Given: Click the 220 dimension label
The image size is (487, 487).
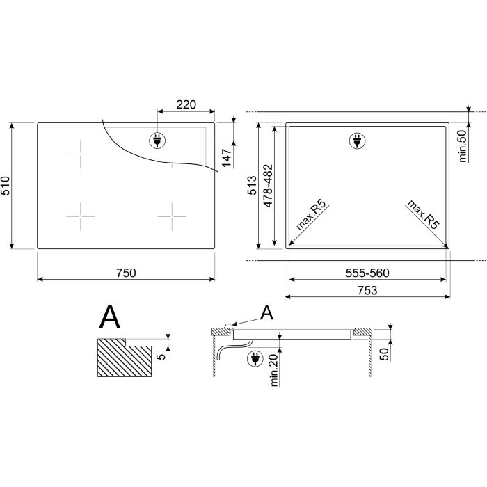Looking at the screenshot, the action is [x=186, y=104].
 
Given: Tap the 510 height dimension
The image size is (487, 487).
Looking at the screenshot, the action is [x=6, y=186].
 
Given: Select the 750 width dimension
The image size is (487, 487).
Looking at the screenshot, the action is [x=126, y=273].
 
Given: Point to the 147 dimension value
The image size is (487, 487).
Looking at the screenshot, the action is [x=227, y=158].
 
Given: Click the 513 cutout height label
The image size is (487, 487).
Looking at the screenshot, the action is [x=252, y=186].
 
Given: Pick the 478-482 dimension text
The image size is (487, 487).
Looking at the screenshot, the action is [x=268, y=186].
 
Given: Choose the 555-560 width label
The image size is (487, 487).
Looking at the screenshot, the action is [x=367, y=273].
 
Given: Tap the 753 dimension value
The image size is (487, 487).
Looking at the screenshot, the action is [x=367, y=290].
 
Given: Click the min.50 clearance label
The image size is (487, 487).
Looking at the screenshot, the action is [x=463, y=146].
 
